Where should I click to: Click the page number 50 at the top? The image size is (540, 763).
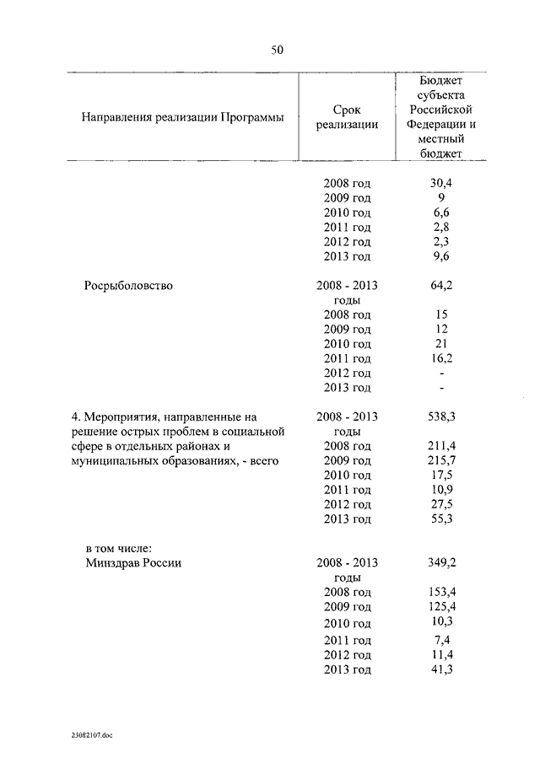point(277,50)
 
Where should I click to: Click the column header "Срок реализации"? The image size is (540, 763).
point(347,117)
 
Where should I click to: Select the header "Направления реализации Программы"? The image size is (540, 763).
point(182,117)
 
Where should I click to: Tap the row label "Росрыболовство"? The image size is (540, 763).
point(128,286)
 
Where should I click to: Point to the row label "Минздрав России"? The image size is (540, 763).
point(133,563)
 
